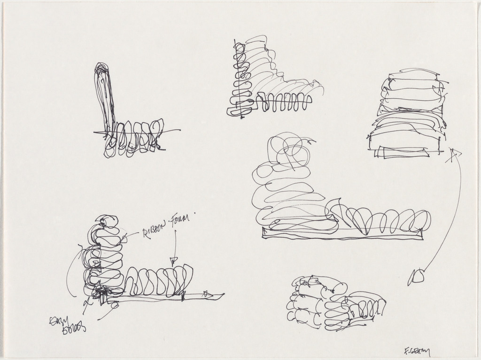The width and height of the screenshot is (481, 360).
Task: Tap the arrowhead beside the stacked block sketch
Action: tap(454, 153)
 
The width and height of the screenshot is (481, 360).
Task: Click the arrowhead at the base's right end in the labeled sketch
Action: tap(208, 295)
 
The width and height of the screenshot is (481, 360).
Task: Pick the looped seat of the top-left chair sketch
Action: tap(134, 139)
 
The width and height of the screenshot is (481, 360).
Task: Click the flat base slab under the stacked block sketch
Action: tap(404, 152)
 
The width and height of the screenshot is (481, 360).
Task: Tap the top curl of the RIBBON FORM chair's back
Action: tap(107, 222)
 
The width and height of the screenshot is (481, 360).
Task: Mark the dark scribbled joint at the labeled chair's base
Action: tap(101, 294)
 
